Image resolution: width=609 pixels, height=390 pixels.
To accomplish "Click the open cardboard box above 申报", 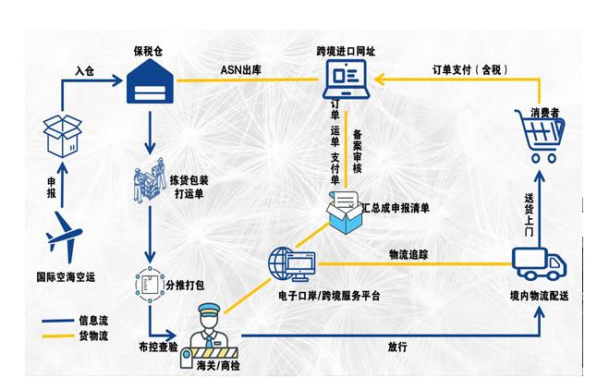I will (63, 135).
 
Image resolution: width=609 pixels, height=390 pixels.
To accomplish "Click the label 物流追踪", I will (408, 254).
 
